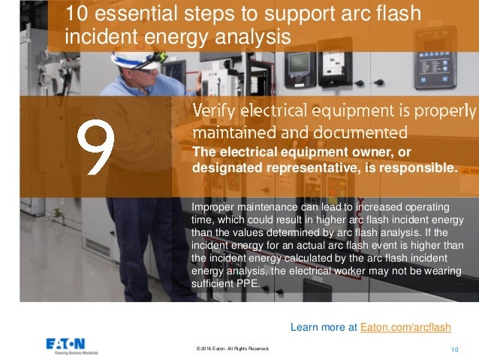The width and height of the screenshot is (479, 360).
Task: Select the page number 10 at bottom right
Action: [454, 349]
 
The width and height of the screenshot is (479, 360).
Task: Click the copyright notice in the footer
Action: [231, 349]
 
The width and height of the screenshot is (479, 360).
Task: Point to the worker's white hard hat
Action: [135, 56]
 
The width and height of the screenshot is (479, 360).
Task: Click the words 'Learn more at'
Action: [324, 327]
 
